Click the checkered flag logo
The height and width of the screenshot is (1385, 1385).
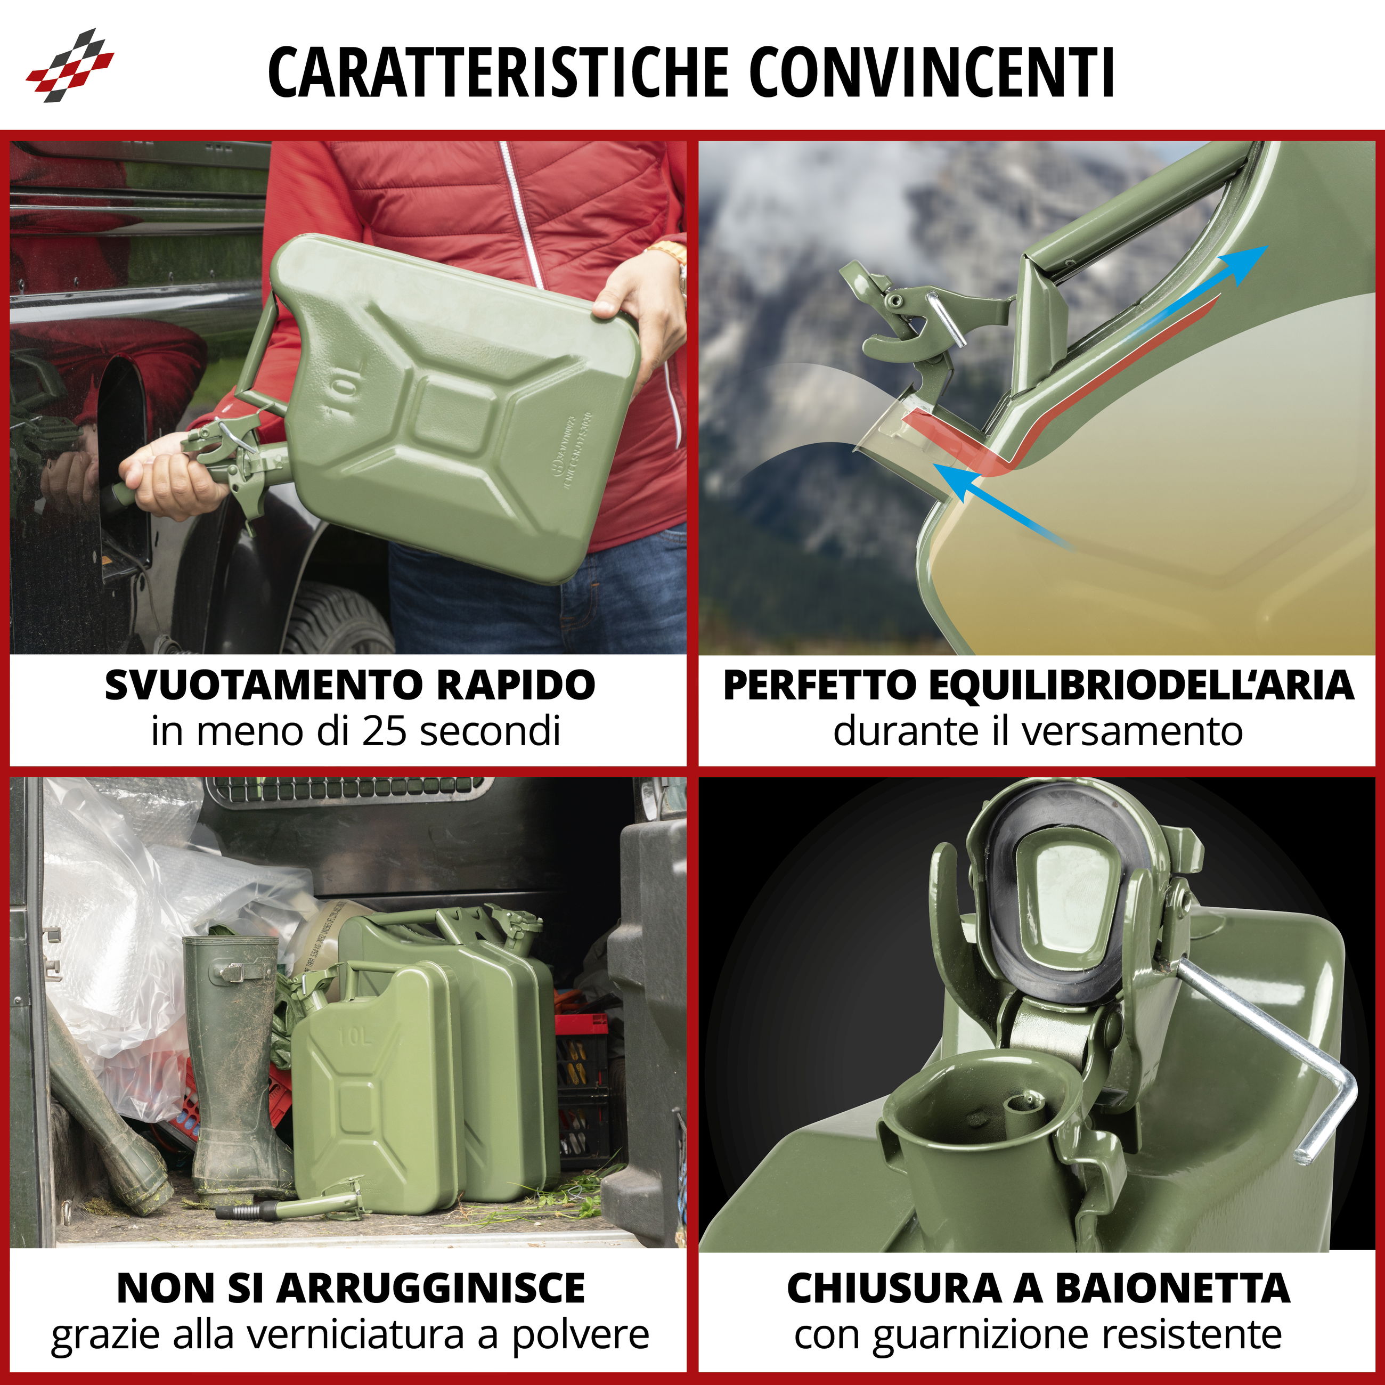tap(70, 65)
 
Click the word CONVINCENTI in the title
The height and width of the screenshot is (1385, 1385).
tap(932, 72)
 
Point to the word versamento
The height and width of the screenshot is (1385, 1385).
tap(1132, 732)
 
